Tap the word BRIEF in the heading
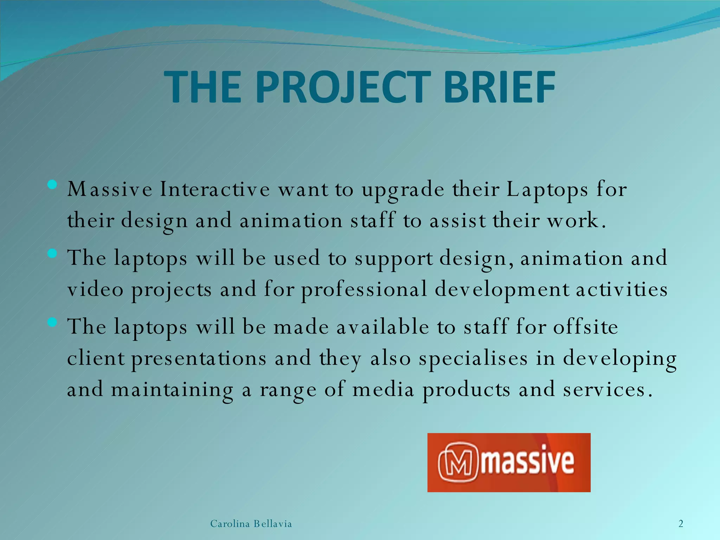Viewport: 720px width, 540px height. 499,87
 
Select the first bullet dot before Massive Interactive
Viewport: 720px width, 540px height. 52,185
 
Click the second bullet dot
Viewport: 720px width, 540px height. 52,253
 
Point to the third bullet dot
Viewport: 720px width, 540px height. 52,322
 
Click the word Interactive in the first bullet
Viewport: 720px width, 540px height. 215,189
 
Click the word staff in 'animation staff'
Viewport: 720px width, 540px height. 373,221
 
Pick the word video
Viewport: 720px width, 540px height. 95,290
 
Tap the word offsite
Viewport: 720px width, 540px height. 585,327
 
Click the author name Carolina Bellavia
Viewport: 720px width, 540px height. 251,524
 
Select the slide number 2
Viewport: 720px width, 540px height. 681,524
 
